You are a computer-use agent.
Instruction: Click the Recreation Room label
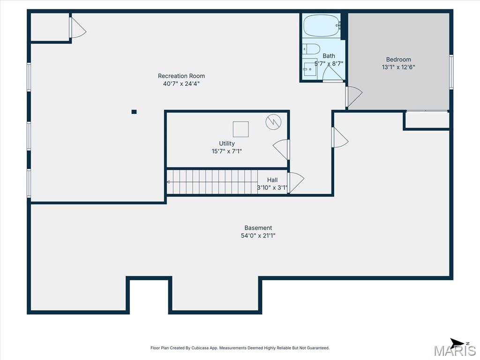pos(181,76)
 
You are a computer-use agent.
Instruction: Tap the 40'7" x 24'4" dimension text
pos(181,83)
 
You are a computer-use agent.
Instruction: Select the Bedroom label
pos(398,60)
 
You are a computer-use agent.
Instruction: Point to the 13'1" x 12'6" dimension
pos(398,67)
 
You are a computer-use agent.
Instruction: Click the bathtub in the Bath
pos(322,26)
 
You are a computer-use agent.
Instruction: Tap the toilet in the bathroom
pos(311,49)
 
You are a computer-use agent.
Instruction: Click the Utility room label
pos(227,143)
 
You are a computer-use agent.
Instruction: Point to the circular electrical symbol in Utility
pos(273,122)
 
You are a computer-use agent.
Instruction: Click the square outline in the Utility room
pos(240,129)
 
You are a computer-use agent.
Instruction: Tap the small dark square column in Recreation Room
pos(134,112)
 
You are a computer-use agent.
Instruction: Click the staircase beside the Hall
pos(212,182)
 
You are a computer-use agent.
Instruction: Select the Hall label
pos(272,180)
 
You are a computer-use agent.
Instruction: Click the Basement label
pos(258,228)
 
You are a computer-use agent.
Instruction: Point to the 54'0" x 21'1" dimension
pos(258,235)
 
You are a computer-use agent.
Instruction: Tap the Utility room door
pos(281,150)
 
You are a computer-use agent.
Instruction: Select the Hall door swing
pos(296,182)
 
